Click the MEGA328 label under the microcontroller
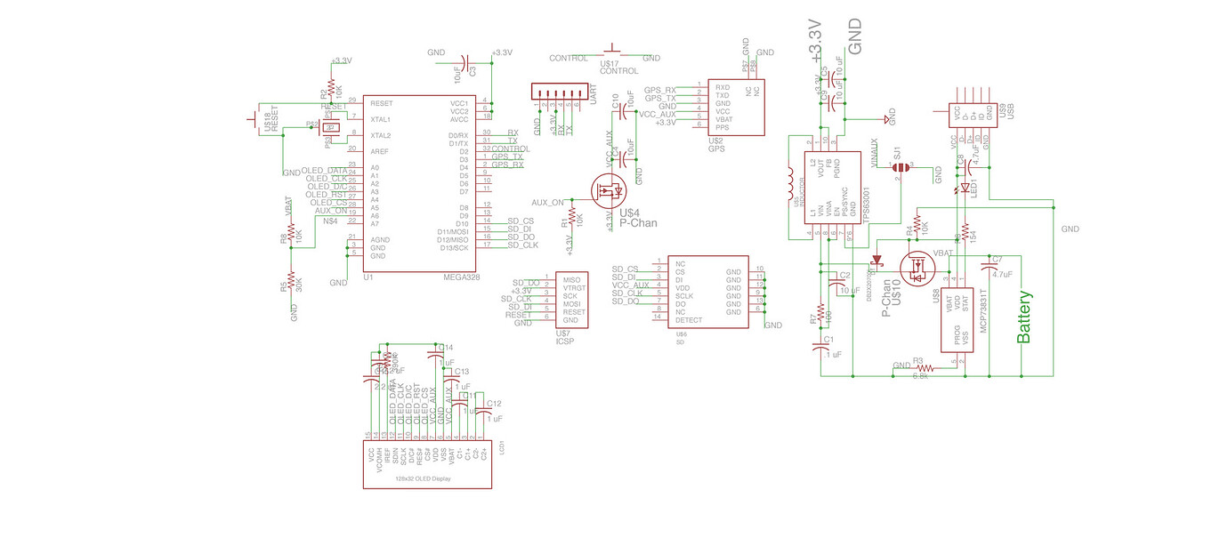coord(461,277)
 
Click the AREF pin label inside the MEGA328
coord(380,151)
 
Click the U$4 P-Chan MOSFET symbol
coord(610,189)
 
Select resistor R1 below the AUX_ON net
coord(571,219)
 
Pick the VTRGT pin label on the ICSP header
coord(575,288)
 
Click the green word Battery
coord(1024,317)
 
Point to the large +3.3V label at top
coord(814,40)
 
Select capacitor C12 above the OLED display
coord(481,414)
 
